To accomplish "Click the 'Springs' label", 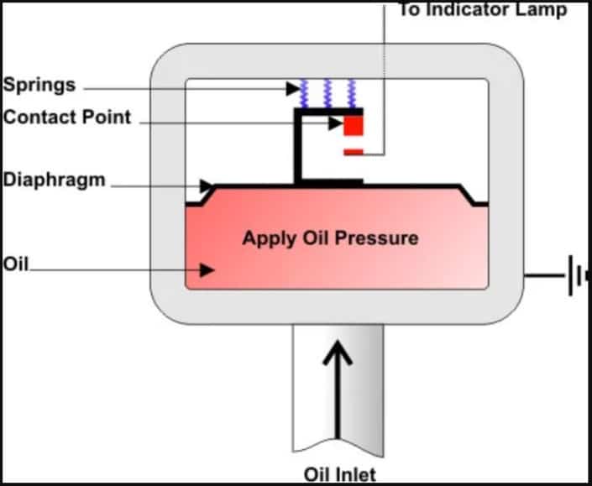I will pos(39,86).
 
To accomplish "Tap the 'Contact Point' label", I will pos(67,117).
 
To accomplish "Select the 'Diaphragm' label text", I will pos(55,180).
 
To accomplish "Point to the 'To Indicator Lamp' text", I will pos(482,10).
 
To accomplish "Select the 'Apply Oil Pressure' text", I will pos(330,238).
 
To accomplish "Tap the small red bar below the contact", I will pos(354,152).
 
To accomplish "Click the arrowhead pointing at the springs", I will pos(291,86).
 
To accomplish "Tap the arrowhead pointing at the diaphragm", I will pos(207,185).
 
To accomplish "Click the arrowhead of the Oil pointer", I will pos(207,269).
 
